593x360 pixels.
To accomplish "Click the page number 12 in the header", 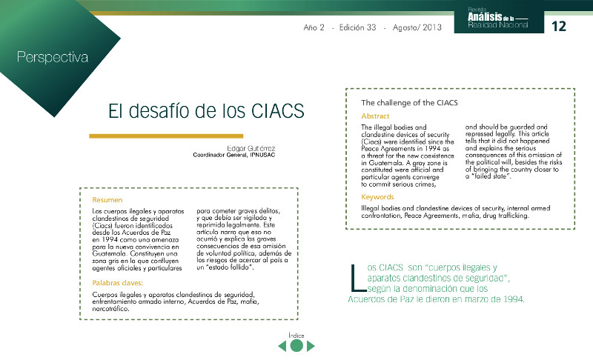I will tap(559, 26).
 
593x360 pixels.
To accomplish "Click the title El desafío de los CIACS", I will tap(206, 111).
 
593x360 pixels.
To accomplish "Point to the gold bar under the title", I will tap(166, 136).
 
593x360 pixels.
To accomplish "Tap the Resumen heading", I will tap(107, 200).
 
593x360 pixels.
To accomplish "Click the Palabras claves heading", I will tap(118, 283).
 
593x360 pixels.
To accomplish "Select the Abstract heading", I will tap(376, 116).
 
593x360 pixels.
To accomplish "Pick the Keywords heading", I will tap(378, 197).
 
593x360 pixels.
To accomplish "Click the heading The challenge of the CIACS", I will tap(409, 101).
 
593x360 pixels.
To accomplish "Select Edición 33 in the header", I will tap(356, 27).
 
